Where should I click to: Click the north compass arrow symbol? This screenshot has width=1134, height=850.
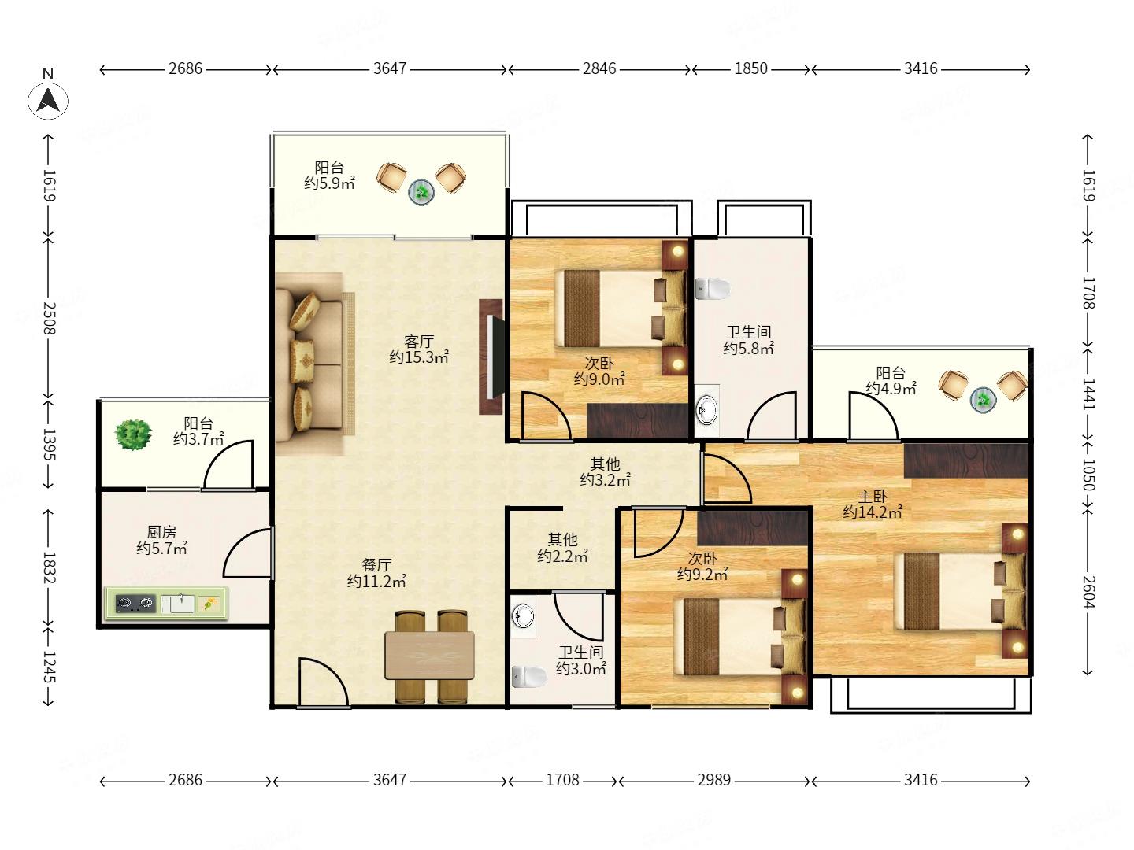[x=48, y=100]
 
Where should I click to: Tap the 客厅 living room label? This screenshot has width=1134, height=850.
[x=418, y=341]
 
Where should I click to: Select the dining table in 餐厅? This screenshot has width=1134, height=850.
[x=429, y=655]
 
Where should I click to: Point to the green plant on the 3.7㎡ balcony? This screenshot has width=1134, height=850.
[x=133, y=434]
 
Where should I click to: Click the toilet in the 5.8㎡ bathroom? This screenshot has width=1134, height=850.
[x=712, y=289]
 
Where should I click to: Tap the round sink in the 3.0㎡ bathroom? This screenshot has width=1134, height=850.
[x=523, y=615]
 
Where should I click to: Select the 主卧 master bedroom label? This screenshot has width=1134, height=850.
[x=872, y=497]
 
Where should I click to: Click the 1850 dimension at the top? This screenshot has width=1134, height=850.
[x=750, y=68]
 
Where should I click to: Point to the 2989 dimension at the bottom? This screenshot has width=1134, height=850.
[x=714, y=779]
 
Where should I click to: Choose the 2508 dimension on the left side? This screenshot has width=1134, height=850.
[x=50, y=318]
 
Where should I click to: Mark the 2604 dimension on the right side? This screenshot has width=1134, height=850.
[x=1088, y=591]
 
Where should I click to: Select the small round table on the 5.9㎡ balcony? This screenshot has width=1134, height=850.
[x=421, y=193]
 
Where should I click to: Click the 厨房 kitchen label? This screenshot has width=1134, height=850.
[x=161, y=531]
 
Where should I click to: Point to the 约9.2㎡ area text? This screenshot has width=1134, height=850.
[x=702, y=574]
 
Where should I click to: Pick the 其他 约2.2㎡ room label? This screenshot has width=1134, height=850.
[x=562, y=548]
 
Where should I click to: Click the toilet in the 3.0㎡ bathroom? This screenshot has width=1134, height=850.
[x=528, y=677]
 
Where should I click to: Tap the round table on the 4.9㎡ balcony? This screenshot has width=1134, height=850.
[x=983, y=400]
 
